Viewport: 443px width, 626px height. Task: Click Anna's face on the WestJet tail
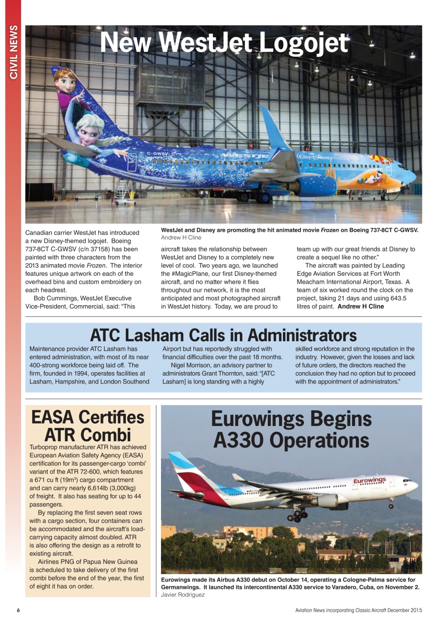point(65,81)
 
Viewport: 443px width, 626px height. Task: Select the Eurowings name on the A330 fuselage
point(370,481)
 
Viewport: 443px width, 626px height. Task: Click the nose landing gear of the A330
point(391,504)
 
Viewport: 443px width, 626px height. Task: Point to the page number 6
point(18,610)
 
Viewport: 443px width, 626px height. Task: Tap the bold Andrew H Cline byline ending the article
point(361,307)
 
